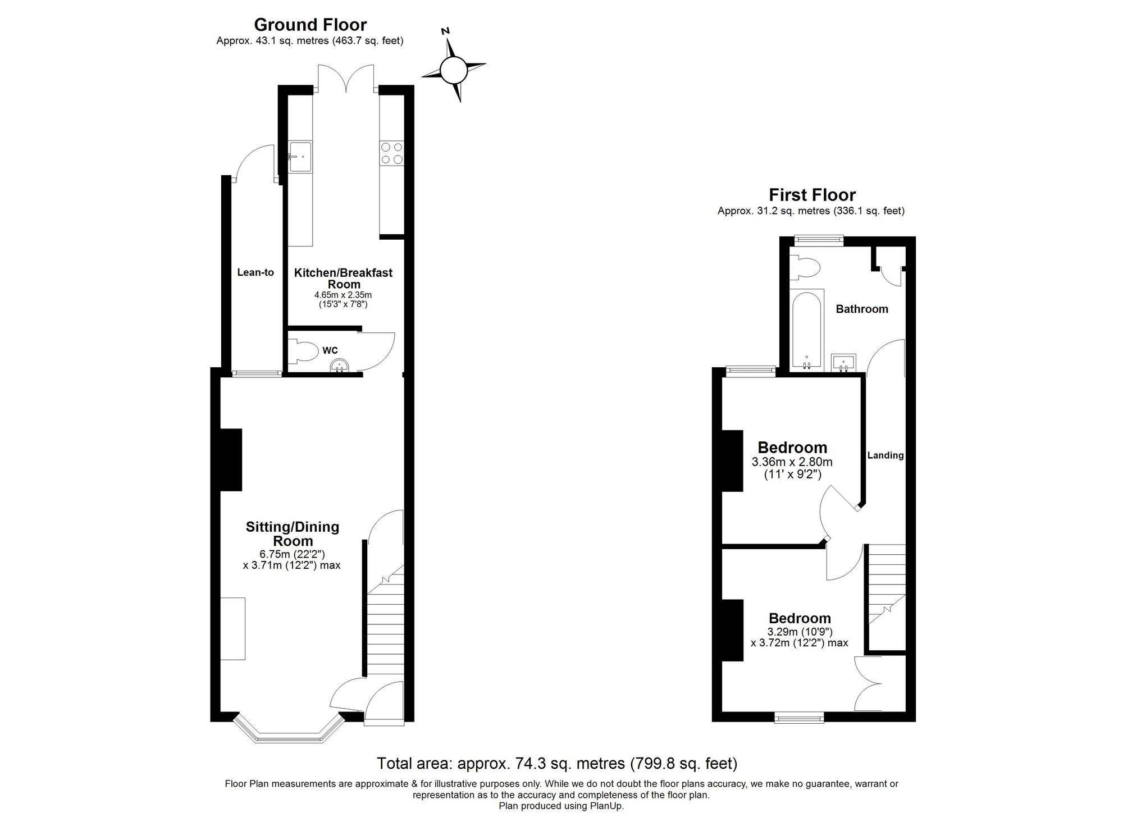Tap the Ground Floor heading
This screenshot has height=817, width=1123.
[310, 25]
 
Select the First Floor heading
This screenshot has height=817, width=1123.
[811, 195]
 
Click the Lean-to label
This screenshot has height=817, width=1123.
[255, 272]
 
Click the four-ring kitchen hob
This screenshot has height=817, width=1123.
[391, 153]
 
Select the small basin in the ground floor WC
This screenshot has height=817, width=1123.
[340, 366]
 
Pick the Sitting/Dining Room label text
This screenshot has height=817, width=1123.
[293, 533]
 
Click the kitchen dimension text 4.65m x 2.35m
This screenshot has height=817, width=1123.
[343, 295]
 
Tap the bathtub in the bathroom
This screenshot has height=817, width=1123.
[807, 330]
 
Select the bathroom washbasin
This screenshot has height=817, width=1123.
[843, 362]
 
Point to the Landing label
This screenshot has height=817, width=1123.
[885, 455]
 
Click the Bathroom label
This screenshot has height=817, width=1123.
[862, 309]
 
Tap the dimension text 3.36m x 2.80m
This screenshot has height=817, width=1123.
[792, 462]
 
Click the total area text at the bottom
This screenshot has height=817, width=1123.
[556, 764]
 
